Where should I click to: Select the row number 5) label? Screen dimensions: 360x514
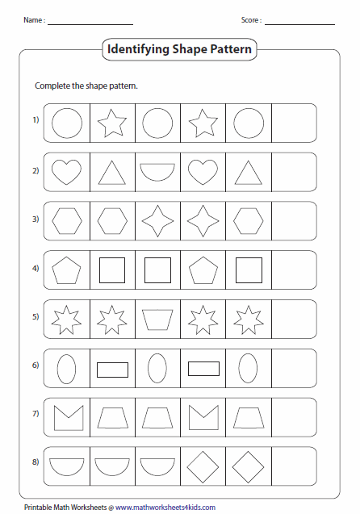point(36,316)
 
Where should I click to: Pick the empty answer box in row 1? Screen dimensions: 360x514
point(294,123)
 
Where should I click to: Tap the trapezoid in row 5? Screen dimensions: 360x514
point(157,320)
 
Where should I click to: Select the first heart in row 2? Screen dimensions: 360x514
point(66,171)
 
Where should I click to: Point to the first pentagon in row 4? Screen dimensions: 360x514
point(66,270)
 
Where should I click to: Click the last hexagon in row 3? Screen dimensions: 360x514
point(249,220)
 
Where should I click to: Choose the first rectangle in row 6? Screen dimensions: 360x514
point(112,369)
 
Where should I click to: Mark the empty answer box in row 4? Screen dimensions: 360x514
point(294,270)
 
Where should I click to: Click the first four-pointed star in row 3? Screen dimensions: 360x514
point(157,220)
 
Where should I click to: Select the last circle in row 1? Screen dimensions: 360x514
point(249,123)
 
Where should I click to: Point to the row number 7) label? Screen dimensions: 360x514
point(36,414)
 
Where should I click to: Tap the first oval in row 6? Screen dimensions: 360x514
point(66,369)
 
